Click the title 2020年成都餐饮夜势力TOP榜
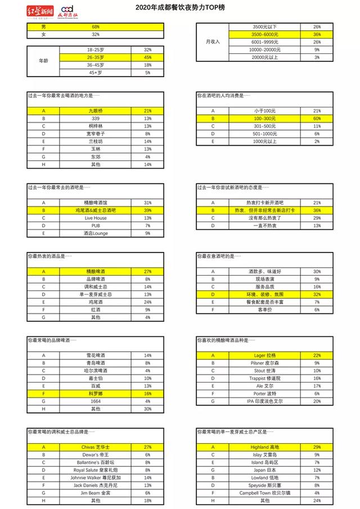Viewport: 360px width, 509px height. click(x=179, y=8)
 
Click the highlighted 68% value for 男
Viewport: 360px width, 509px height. click(x=95, y=27)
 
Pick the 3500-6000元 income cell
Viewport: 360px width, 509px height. click(x=264, y=34)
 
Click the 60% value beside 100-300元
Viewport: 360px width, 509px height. click(x=317, y=119)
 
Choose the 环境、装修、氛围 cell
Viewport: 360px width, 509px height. click(x=264, y=294)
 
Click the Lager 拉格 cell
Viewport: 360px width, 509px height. click(x=264, y=355)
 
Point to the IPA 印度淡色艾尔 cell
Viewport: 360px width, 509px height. click(x=264, y=402)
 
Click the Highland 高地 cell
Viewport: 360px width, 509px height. click(x=264, y=447)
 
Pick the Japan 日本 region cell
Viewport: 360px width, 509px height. click(x=264, y=470)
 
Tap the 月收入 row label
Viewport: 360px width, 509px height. click(x=213, y=42)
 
